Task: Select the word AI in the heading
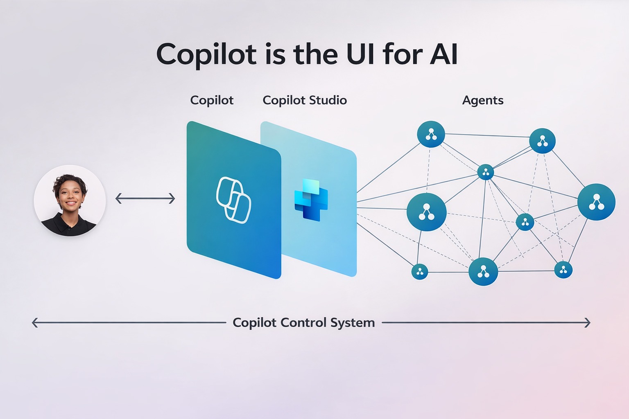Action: (443, 54)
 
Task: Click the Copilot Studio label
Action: (305, 100)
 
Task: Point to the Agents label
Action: (483, 100)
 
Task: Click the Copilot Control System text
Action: (303, 322)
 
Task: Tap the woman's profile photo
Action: (70, 200)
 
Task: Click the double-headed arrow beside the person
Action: (145, 199)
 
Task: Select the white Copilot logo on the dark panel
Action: (233, 200)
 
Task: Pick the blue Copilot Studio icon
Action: (311, 199)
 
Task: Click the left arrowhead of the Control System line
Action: (35, 323)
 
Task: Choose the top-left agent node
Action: (431, 134)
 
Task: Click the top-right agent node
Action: (542, 141)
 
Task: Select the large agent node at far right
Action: (596, 202)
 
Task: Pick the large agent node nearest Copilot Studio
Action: (426, 212)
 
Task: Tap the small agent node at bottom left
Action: (419, 271)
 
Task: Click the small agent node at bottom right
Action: (563, 270)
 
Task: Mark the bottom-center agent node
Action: (483, 271)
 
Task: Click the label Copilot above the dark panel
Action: (212, 100)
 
